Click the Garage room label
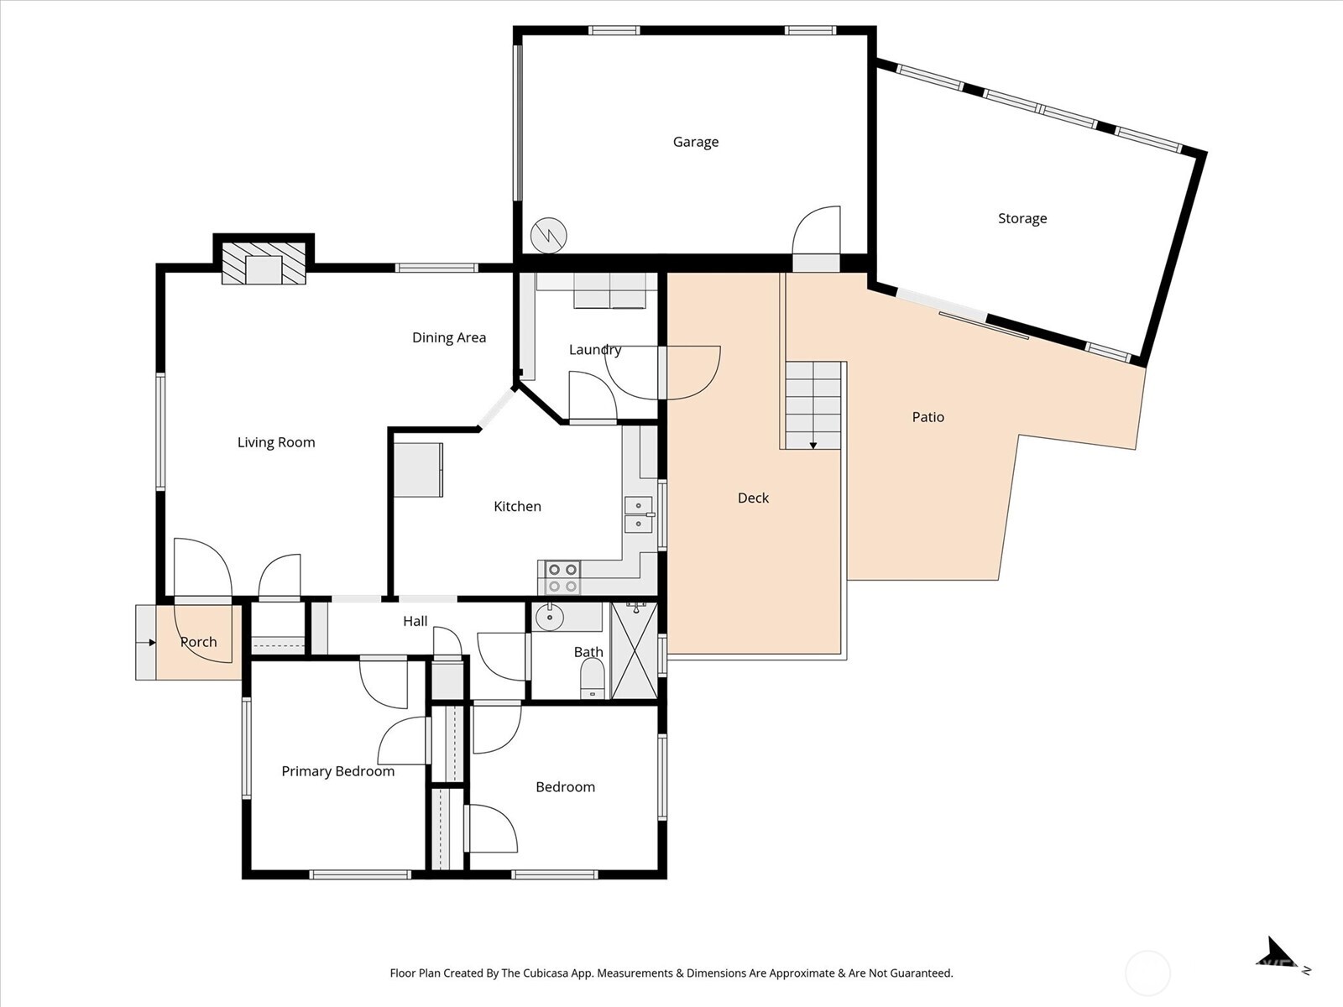tap(695, 142)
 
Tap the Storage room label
tap(1022, 218)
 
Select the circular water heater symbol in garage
tap(549, 236)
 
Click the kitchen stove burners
tap(562, 577)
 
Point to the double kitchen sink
tap(638, 514)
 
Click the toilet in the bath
tap(593, 678)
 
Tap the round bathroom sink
tap(550, 618)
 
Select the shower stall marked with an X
tap(635, 650)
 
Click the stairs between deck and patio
tap(813, 404)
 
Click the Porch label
tap(199, 642)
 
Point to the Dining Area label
tap(448, 337)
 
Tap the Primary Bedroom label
tap(337, 771)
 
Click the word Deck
tap(753, 498)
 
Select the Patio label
tap(928, 417)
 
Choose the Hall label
tap(415, 621)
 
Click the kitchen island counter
tap(418, 470)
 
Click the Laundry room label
tap(594, 350)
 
